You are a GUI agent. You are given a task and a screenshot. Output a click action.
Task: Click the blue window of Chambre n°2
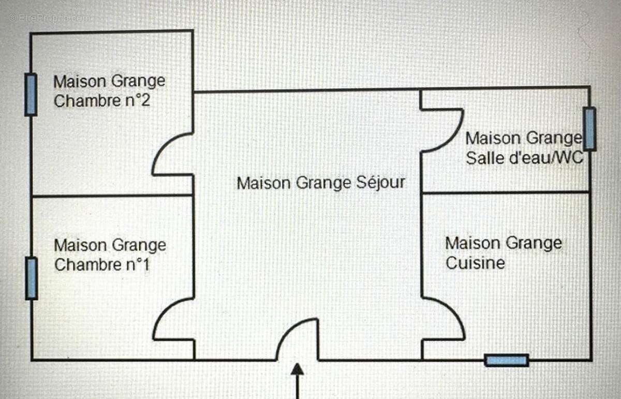pyautogui.click(x=31, y=94)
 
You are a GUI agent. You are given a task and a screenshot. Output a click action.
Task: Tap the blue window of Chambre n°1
pyautogui.click(x=32, y=278)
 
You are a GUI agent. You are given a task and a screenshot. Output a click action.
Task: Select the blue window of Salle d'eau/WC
pyautogui.click(x=589, y=129)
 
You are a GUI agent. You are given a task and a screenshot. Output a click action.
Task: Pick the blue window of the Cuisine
pyautogui.click(x=507, y=361)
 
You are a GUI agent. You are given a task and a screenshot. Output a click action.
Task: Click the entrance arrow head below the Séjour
pyautogui.click(x=297, y=370)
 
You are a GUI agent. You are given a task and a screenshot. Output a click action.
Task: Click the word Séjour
pyautogui.click(x=381, y=183)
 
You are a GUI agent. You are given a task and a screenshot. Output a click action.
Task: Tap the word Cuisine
pyautogui.click(x=475, y=263)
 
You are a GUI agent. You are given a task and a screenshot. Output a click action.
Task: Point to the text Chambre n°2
pyautogui.click(x=102, y=100)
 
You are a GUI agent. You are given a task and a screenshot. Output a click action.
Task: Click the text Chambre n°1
pyautogui.click(x=102, y=265)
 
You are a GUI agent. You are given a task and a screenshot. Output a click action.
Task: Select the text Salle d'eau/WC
pyautogui.click(x=525, y=158)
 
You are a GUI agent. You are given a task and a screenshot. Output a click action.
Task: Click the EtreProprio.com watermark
pyautogui.click(x=49, y=18)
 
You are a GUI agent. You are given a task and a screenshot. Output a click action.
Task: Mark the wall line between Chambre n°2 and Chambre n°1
pyautogui.click(x=112, y=196)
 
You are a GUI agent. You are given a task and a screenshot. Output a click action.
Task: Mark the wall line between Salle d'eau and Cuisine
pyautogui.click(x=505, y=192)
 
